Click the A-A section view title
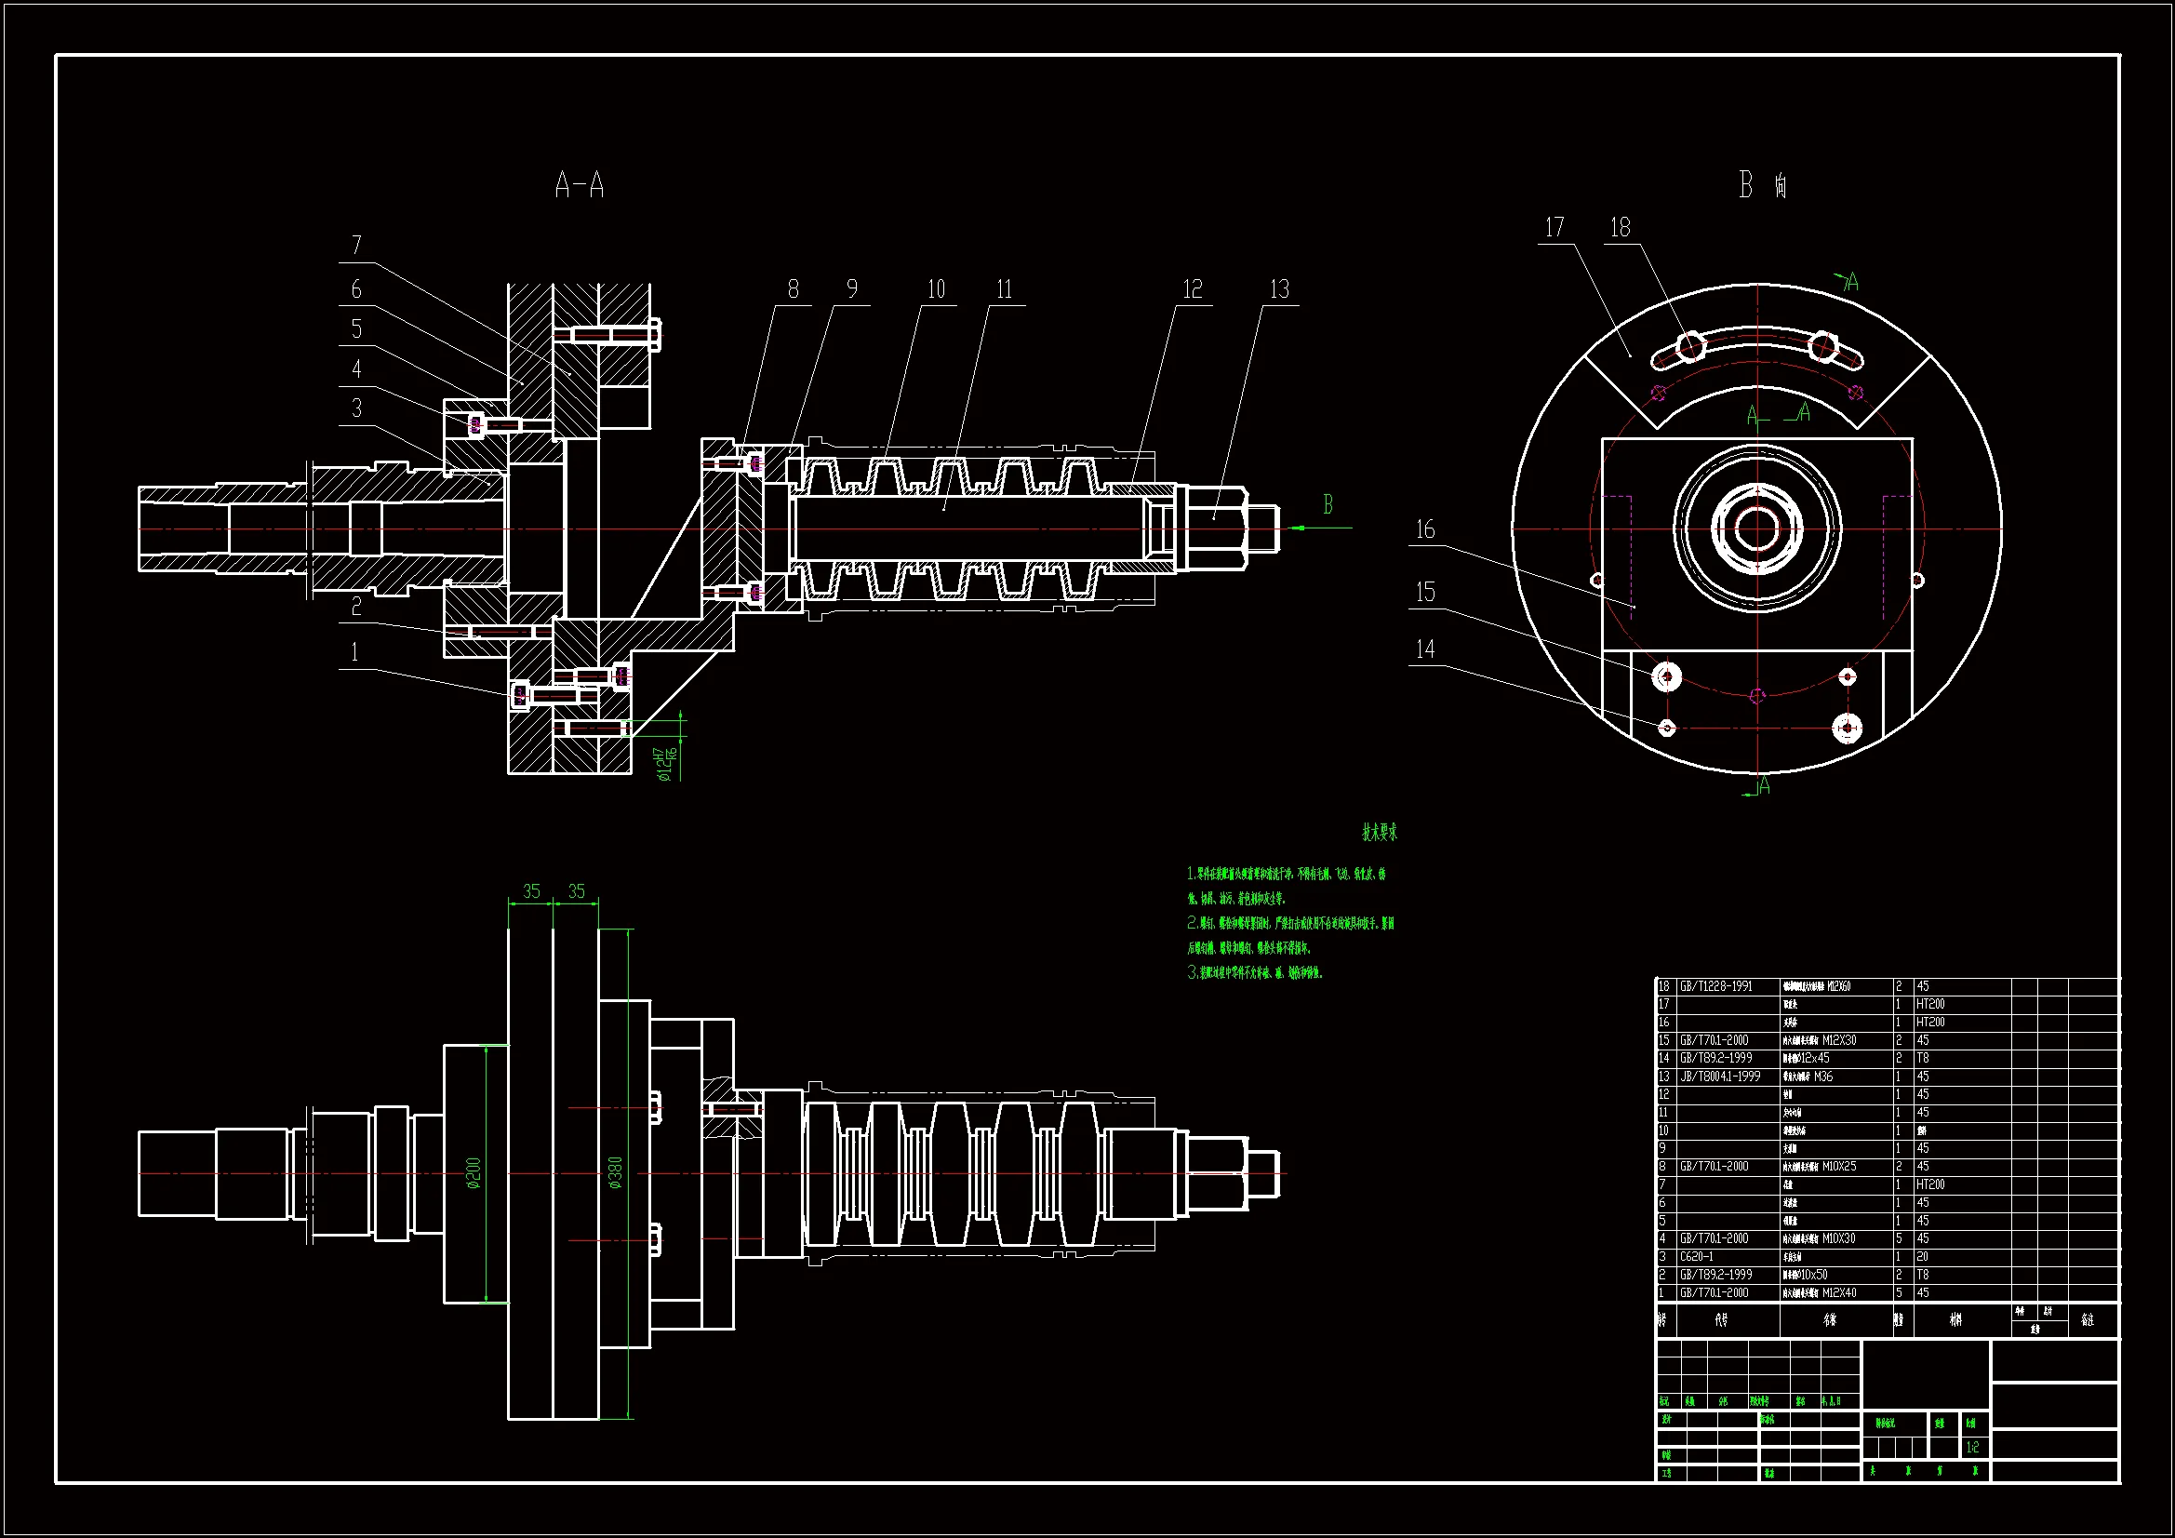tap(579, 185)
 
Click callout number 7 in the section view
tap(356, 247)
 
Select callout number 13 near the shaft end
tap(1279, 289)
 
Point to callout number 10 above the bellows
tap(936, 289)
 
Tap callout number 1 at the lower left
tap(355, 652)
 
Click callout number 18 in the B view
tap(1620, 227)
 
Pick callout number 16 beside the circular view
tap(1425, 529)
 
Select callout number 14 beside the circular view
tap(1425, 649)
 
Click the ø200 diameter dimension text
tap(474, 1172)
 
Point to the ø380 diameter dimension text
tap(616, 1172)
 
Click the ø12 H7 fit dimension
tap(666, 764)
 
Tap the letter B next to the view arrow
tap(1328, 505)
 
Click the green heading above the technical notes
tap(1380, 833)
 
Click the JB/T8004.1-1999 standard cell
tap(1719, 1077)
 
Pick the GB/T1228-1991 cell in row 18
tap(1715, 986)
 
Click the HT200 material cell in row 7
tap(1929, 1184)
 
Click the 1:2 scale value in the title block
tap(1972, 1447)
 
